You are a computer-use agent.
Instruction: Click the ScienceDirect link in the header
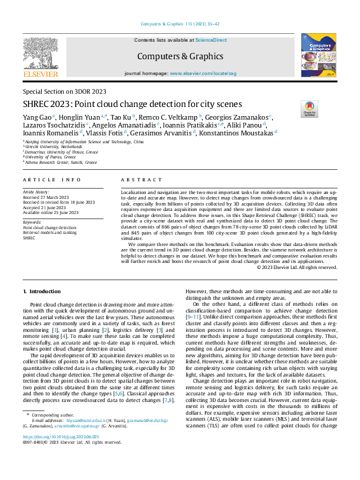click(211, 39)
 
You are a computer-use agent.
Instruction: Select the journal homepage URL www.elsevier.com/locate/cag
click(203, 73)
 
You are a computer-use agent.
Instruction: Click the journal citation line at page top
click(180, 24)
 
